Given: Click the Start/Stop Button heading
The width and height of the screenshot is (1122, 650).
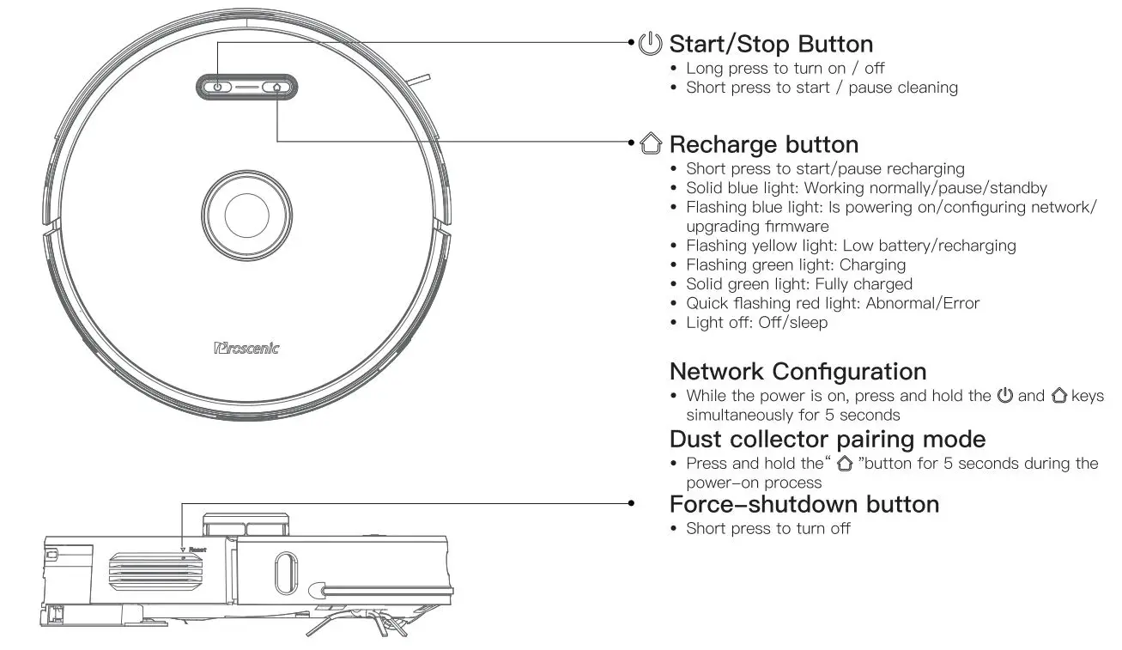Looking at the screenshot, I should click(x=770, y=44).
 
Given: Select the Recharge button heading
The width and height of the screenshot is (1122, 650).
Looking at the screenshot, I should click(x=763, y=143).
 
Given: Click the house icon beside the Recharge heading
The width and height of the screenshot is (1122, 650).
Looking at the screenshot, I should click(x=652, y=143).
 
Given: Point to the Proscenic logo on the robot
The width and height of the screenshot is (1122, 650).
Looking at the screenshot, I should click(x=246, y=348).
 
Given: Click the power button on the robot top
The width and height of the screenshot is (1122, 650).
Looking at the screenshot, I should click(x=218, y=87).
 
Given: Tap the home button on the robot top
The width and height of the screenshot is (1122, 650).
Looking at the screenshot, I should click(x=276, y=87).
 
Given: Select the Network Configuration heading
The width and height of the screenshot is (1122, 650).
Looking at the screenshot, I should click(x=798, y=372).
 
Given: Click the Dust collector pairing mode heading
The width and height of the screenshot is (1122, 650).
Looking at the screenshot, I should click(x=827, y=439).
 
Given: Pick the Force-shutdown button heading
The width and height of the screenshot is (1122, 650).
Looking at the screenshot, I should click(x=804, y=504).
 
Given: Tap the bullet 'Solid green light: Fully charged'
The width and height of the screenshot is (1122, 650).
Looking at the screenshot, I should click(x=798, y=283).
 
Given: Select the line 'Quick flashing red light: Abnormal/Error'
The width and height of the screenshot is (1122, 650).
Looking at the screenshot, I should click(x=832, y=303).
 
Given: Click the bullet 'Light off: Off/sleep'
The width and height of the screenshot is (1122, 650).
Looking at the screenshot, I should click(x=756, y=323).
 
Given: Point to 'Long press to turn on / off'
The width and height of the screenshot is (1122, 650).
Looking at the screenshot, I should click(x=785, y=68).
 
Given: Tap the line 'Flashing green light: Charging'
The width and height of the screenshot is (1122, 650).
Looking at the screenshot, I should click(x=795, y=264).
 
